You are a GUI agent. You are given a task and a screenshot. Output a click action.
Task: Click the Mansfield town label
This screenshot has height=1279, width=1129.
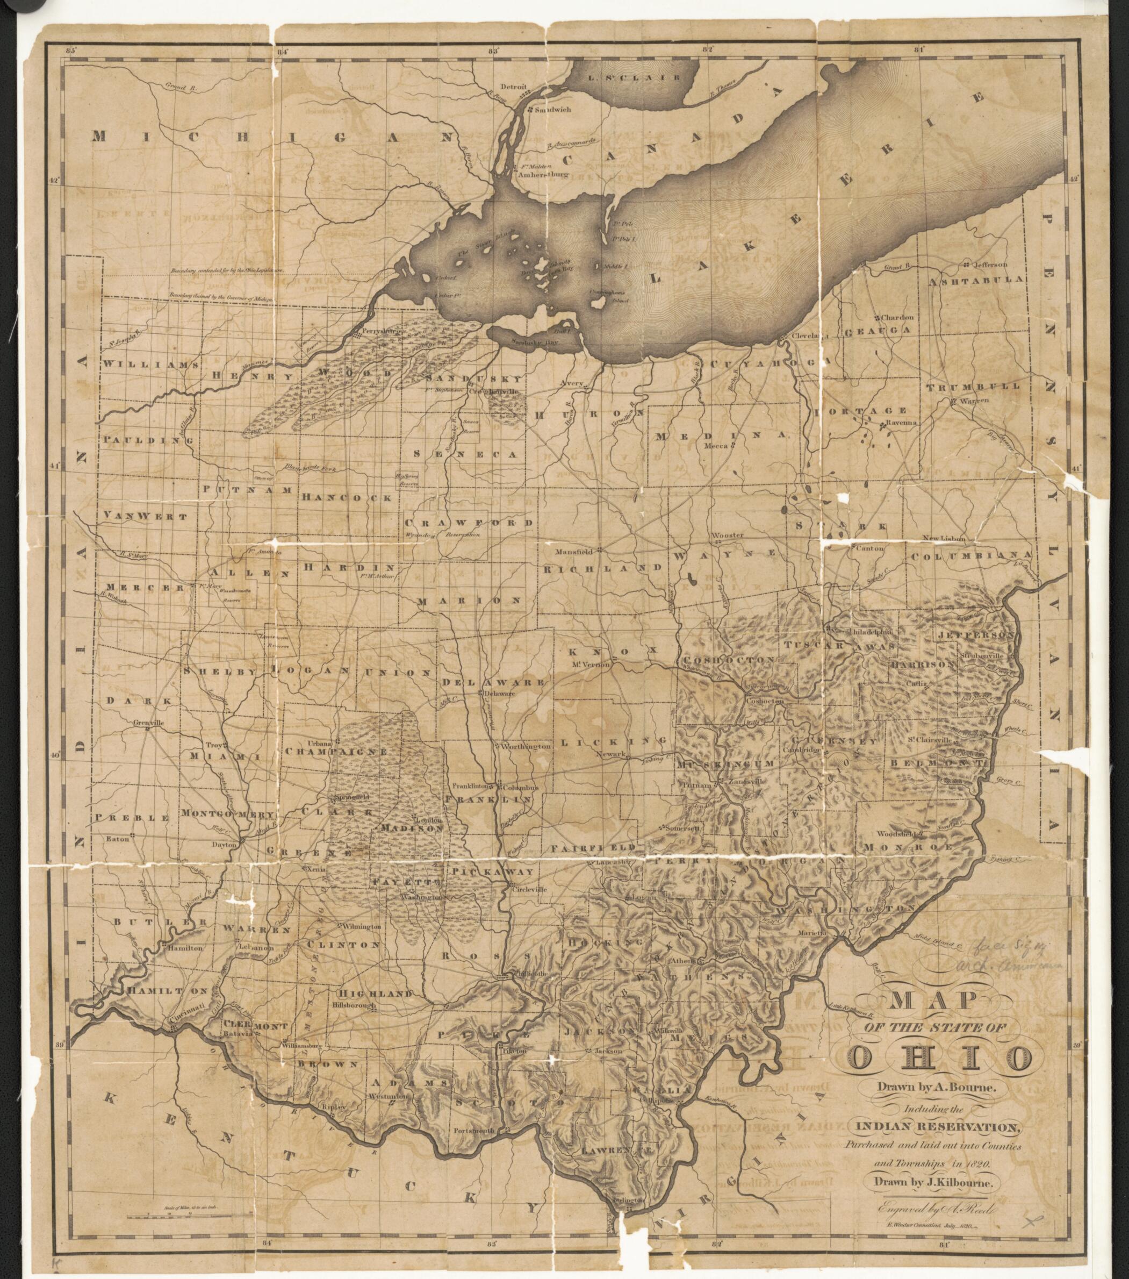576,553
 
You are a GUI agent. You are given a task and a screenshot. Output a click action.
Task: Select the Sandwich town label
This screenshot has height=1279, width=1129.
552,109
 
